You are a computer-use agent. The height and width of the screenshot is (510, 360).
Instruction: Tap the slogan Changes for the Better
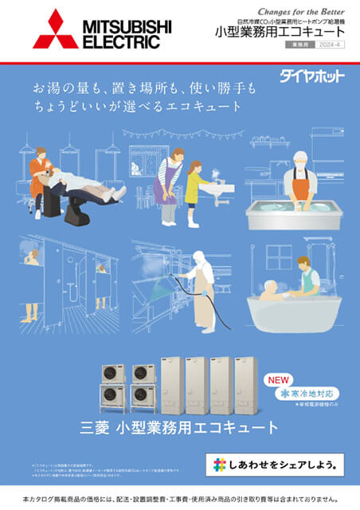click(x=302, y=11)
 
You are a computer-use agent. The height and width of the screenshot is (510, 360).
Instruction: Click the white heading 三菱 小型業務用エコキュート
click(x=180, y=426)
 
